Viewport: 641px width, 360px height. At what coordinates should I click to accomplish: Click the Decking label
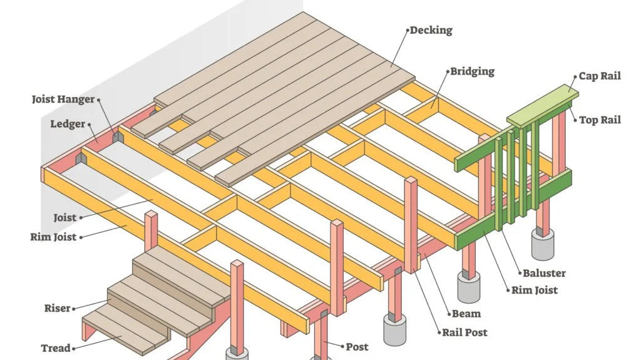[431, 30]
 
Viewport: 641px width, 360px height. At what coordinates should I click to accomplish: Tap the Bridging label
[473, 71]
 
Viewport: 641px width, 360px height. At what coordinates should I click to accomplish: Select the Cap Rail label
[600, 76]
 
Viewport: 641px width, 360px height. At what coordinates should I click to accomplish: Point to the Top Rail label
[600, 120]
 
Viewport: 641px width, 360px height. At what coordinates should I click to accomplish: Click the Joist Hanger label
[63, 99]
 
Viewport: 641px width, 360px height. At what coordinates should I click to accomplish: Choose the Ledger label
[68, 124]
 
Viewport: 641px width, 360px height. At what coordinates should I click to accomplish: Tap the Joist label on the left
[65, 218]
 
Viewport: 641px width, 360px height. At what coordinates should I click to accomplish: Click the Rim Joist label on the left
[53, 237]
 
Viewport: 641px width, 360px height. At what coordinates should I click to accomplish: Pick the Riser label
[57, 308]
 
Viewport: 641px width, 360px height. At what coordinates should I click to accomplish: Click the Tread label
[56, 348]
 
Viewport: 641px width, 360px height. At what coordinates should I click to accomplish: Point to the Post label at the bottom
[357, 346]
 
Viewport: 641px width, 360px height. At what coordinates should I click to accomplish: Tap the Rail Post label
[465, 332]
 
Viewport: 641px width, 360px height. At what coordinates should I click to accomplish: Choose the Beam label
[466, 313]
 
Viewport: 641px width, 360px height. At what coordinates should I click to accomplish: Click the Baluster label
[544, 273]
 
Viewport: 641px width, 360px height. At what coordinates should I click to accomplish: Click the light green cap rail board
[542, 105]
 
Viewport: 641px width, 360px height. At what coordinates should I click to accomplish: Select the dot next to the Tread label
[74, 348]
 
